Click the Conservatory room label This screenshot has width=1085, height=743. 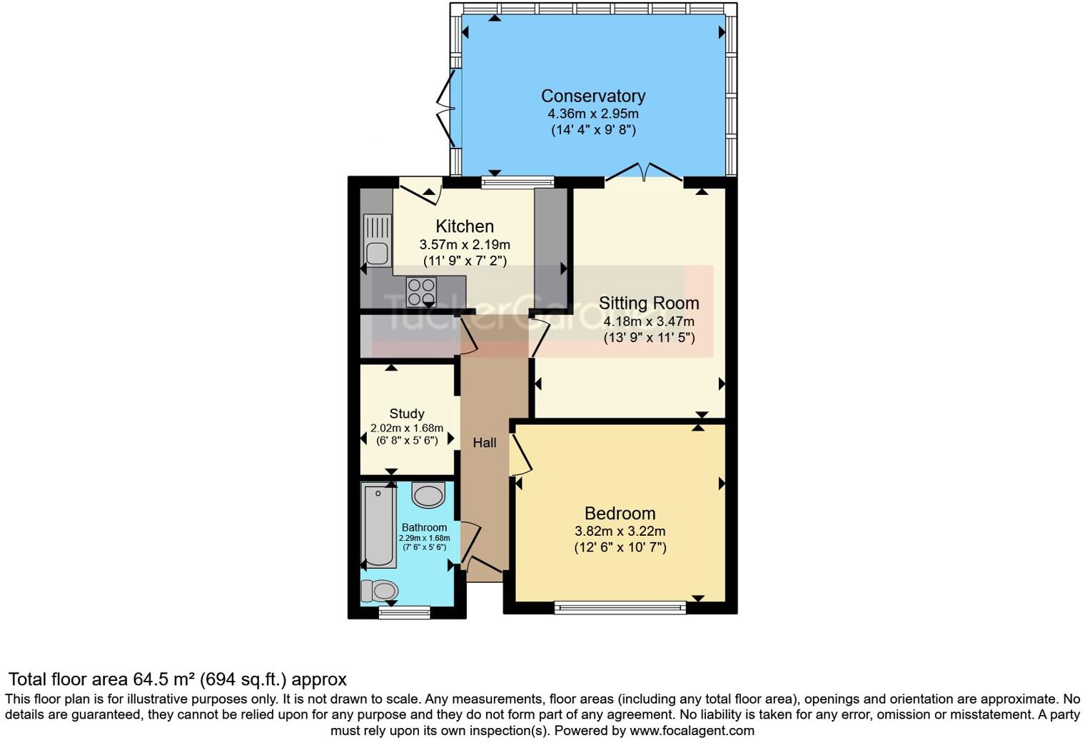[592, 96]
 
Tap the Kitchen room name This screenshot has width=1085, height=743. [465, 226]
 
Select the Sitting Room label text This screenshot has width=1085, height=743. [649, 303]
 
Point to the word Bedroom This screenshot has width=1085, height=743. [620, 513]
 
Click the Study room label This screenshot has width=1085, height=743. [407, 414]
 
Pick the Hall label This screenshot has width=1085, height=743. [485, 443]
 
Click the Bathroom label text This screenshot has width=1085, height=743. [424, 527]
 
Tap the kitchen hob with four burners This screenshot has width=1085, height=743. [421, 291]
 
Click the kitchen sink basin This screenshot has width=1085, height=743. [376, 253]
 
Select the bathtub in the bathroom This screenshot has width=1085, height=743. [378, 525]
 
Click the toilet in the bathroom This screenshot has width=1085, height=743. [380, 591]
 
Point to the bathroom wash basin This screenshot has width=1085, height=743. [428, 494]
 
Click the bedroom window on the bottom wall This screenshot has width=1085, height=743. [620, 608]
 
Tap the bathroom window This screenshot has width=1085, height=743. [405, 612]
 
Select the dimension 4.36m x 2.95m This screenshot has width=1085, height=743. [592, 114]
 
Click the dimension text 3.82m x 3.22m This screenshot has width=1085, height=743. [620, 531]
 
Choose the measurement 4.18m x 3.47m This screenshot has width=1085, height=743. [649, 321]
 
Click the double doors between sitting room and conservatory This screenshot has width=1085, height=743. [645, 172]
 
